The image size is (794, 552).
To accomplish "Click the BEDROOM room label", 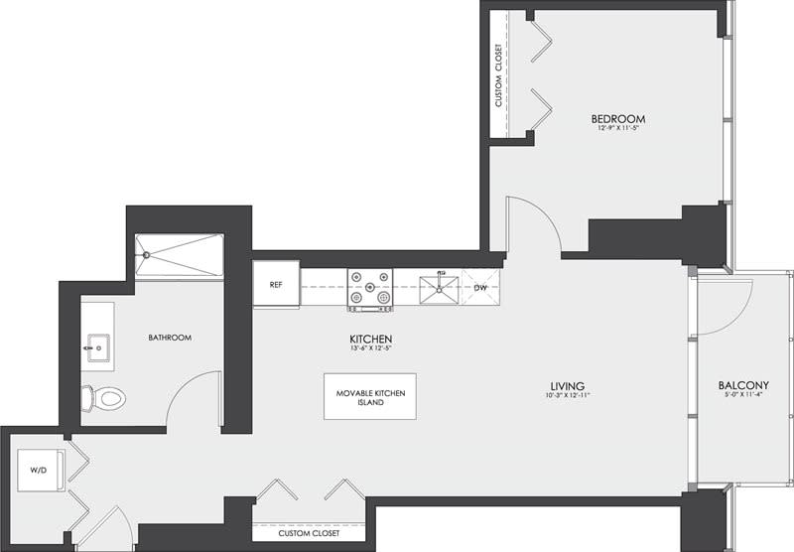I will pos(623,119).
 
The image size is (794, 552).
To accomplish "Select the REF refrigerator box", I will pos(276,285).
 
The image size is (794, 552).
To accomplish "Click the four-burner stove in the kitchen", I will pos(369,289).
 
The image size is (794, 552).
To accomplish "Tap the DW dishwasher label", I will pos(479,288).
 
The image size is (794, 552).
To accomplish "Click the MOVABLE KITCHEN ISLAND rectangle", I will pos(369,396).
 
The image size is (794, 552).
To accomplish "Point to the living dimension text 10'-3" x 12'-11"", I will pos(568,397).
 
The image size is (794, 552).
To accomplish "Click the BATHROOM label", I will pos(170,338).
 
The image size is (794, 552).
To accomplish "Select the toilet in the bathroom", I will pos(105,398).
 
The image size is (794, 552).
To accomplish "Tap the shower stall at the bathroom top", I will pos(179,255).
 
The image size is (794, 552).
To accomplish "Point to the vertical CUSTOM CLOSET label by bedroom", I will pos(499,75).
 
